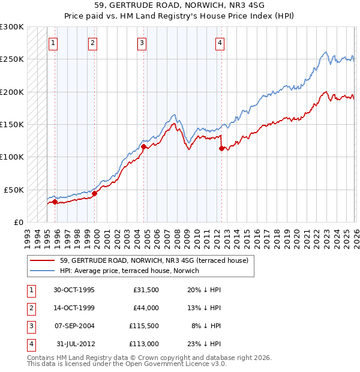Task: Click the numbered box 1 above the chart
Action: coord(53,43)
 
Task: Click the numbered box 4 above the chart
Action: coord(220,43)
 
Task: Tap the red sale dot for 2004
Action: coord(144,146)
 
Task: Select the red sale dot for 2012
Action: coord(221,148)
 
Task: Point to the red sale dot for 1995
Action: coord(55,202)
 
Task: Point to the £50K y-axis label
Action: coord(14,190)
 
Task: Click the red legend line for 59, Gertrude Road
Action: coord(43,260)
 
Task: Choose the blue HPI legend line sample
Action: coord(43,271)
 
